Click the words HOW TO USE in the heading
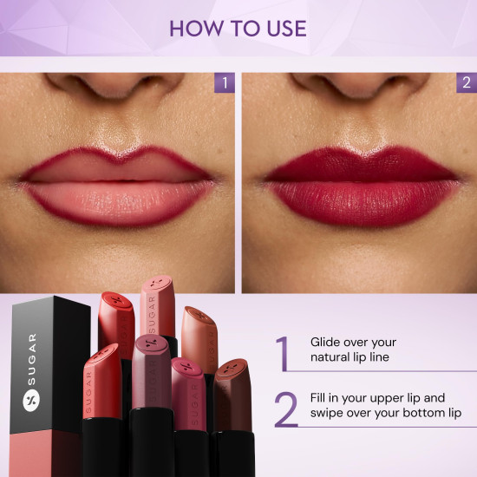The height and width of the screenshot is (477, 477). click(238, 28)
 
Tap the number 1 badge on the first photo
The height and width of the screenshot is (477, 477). click(225, 83)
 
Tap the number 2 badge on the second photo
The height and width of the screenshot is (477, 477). click(466, 83)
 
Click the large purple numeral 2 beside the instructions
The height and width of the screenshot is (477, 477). click(285, 409)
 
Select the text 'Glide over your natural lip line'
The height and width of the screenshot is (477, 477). click(353, 349)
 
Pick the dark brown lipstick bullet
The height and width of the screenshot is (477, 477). click(232, 395)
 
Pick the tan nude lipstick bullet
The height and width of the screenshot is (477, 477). click(199, 338)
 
